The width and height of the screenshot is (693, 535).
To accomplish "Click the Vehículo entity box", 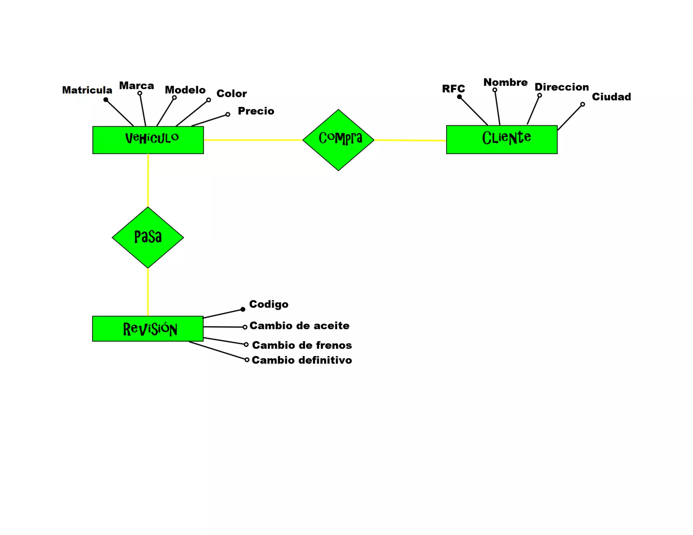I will coord(148,140).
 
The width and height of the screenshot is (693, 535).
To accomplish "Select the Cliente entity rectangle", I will coord(501,139).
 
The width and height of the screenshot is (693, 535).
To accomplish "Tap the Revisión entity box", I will coord(148,329).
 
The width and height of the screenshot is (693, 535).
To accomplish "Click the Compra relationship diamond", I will coord(338,140).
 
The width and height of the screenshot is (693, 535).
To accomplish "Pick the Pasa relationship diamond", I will coord(148,237).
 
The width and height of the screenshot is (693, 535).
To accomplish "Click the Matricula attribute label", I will coord(87,90).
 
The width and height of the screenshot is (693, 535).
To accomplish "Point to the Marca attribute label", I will coord(136,86).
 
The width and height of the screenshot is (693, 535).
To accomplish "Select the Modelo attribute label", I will coord(185,90).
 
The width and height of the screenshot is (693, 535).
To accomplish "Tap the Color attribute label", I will coord(231,94).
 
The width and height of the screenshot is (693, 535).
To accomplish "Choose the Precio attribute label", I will coord(256,111).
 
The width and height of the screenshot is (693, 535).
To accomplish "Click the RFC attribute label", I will coord(453,89).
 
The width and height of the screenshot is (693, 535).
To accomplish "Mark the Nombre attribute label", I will coord(505,82).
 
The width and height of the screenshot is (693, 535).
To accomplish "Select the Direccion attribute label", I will coord(562,87).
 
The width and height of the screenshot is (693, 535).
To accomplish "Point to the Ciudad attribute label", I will coord(611,97).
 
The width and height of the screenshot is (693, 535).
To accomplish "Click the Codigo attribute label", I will coord(269,304).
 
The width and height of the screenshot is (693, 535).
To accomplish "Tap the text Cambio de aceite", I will coord(299,326).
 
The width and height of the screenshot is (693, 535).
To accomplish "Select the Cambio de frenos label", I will coord(302,345).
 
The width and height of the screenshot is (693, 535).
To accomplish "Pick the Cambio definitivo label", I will coord(302,360).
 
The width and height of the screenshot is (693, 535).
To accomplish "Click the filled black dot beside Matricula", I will coord(106,100).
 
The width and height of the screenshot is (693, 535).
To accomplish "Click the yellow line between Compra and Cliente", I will coord(410,140).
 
